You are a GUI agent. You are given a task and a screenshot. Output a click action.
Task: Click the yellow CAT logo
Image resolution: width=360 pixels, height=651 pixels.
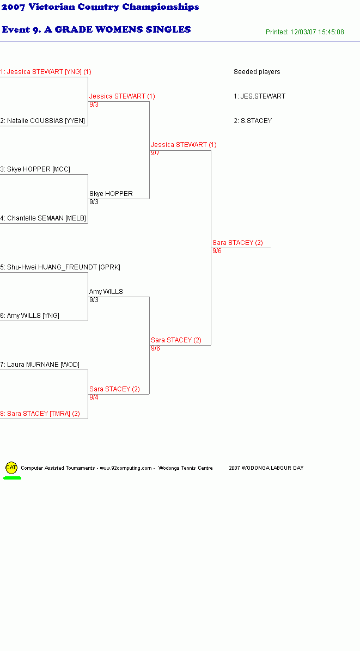tap(11, 468)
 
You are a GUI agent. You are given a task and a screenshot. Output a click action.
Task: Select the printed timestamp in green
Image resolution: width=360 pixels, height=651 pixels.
tap(305, 32)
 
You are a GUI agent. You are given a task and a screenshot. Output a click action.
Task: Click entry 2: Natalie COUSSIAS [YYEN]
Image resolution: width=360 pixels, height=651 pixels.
tap(42, 121)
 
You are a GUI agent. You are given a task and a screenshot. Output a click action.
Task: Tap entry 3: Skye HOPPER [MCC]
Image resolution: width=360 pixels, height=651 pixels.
tap(35, 169)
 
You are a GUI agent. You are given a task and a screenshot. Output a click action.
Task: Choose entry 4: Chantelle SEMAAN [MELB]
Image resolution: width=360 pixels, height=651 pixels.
tap(43, 218)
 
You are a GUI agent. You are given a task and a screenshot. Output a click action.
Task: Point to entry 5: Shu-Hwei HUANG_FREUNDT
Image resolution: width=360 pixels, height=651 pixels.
tap(60, 267)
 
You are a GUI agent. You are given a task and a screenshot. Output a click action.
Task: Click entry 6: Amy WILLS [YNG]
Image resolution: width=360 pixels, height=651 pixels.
tap(29, 316)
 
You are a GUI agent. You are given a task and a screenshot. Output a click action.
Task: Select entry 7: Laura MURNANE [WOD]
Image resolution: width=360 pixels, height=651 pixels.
tap(39, 365)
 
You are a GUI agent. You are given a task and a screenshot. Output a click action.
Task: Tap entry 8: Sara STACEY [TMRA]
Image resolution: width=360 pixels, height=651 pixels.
tap(40, 414)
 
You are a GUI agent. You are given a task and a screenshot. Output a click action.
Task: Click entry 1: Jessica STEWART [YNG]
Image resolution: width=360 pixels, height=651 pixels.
tap(46, 72)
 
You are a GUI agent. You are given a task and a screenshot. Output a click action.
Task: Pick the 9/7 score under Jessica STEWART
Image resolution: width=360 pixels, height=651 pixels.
tap(155, 153)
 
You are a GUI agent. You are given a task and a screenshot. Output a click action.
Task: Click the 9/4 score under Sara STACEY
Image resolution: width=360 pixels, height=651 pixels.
tap(94, 397)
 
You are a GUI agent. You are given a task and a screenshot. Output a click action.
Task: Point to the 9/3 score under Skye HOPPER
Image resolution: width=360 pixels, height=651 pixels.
tap(94, 202)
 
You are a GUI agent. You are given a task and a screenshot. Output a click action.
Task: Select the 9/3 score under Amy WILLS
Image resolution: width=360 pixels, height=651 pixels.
tap(94, 300)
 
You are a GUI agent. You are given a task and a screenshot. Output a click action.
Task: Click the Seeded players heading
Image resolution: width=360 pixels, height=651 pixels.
tap(257, 72)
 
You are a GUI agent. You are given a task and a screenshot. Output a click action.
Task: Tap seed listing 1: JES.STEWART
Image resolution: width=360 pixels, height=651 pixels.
tap(259, 96)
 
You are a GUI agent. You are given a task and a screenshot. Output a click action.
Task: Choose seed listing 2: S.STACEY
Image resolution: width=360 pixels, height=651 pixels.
tap(253, 121)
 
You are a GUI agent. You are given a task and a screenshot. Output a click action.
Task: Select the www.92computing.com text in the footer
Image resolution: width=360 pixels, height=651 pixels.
tap(126, 468)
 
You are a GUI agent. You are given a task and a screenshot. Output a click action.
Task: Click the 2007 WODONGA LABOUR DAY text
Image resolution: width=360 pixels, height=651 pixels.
tap(266, 468)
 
